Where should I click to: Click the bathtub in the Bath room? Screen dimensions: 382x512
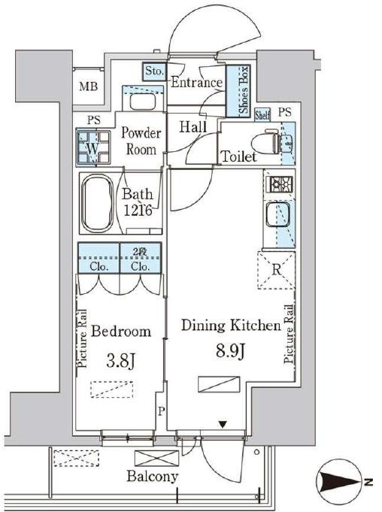(97, 203)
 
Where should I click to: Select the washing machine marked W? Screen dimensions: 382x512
(93, 147)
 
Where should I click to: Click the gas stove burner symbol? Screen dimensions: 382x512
(280, 184)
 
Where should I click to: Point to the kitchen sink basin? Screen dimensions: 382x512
(277, 214)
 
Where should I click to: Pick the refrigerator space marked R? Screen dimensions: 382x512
(276, 271)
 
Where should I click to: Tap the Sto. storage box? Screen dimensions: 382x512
(154, 71)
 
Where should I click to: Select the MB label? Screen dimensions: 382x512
(89, 87)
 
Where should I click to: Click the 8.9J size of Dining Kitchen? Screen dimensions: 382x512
(231, 352)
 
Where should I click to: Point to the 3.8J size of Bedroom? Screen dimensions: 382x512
(120, 361)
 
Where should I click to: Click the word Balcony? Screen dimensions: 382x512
(153, 477)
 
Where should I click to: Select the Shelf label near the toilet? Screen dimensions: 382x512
(262, 115)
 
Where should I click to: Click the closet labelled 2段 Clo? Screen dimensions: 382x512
(141, 258)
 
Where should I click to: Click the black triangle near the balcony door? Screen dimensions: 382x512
(223, 425)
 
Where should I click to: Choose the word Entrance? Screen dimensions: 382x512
(196, 82)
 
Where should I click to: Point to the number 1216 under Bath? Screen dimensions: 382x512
(138, 211)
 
